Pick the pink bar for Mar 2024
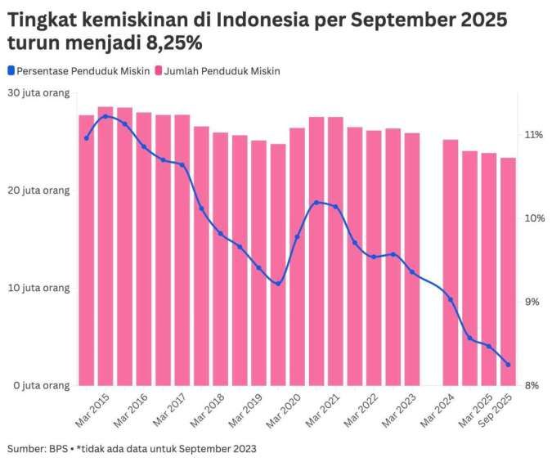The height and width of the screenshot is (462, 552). (451, 262)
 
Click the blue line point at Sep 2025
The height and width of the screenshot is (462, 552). (508, 365)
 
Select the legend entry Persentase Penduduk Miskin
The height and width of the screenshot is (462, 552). (79, 71)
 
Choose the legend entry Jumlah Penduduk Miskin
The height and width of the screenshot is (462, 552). (218, 71)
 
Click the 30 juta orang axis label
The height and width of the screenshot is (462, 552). (39, 93)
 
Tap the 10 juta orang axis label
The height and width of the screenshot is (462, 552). (39, 288)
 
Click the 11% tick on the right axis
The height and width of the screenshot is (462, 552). (534, 134)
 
